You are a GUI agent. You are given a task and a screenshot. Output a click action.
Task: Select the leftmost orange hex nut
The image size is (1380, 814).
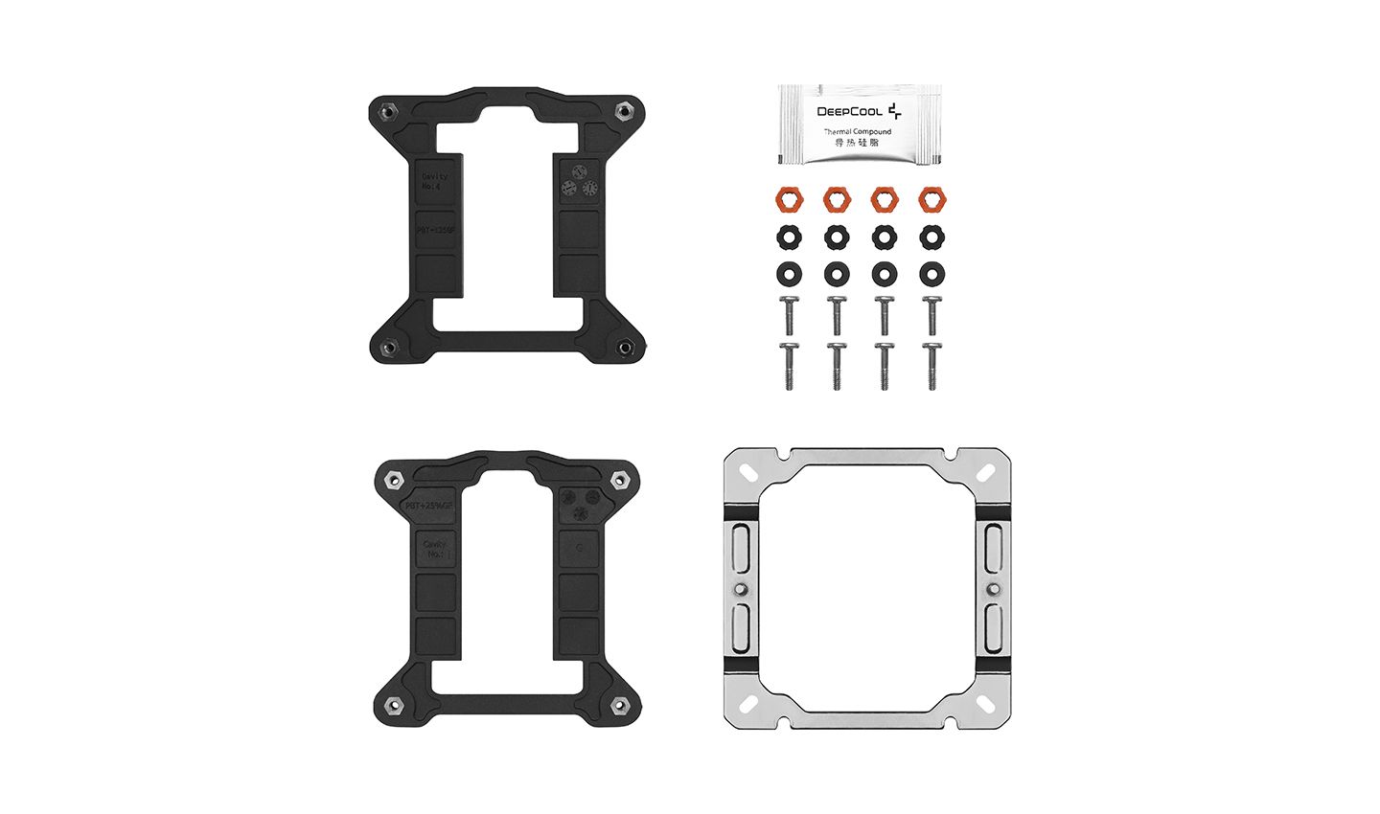coord(789,200)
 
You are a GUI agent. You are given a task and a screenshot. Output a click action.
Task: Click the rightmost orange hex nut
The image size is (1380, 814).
coord(931,200)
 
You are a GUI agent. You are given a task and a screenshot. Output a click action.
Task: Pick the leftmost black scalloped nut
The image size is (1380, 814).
coord(789,237)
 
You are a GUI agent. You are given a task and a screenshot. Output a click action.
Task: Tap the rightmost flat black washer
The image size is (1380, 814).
coord(931,274)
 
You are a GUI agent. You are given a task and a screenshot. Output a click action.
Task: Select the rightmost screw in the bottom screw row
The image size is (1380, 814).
coord(931,367)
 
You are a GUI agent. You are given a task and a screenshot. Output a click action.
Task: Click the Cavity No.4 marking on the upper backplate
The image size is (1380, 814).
coord(434,181)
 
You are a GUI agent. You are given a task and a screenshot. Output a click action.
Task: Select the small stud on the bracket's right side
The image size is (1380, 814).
coord(993,588)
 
